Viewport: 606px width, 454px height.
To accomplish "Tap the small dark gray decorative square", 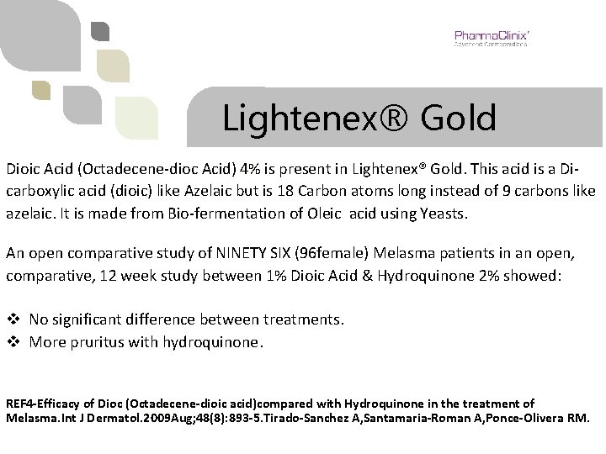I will tap(100, 32).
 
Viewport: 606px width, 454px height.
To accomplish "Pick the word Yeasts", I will tap(439, 214).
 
